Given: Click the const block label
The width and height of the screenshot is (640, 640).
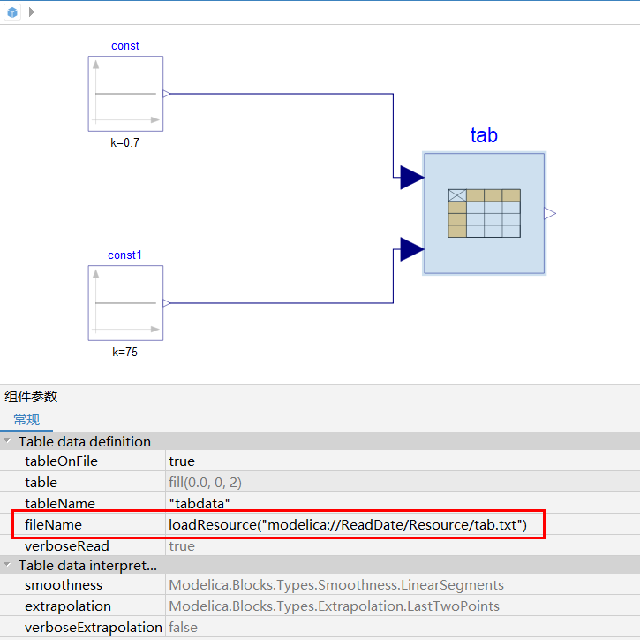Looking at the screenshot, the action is tap(124, 45).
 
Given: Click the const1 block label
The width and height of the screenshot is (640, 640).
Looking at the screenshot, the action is tap(124, 255).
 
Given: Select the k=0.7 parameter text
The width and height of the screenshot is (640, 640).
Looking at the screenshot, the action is tap(124, 142).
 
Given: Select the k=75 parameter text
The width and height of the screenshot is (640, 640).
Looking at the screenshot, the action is tap(124, 352).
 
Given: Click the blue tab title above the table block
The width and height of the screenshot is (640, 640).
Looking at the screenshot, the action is tap(484, 135).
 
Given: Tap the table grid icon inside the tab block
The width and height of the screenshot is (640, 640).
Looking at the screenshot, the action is tap(484, 213).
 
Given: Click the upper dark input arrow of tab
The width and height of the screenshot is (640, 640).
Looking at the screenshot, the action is tap(412, 178).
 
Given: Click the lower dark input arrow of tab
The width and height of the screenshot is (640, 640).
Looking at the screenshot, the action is tap(412, 249).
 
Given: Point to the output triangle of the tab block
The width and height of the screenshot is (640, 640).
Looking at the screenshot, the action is tap(550, 213).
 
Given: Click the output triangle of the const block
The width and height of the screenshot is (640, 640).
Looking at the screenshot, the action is tap(166, 94).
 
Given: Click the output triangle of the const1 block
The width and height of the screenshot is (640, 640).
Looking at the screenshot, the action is tap(166, 303).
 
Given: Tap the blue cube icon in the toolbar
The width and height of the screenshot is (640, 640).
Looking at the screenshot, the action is tap(12, 11).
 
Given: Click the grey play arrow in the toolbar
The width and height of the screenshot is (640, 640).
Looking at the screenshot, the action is tap(32, 11).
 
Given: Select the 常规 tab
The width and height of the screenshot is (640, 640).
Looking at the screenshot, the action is tap(26, 419).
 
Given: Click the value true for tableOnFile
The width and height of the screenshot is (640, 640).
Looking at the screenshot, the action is tap(182, 461).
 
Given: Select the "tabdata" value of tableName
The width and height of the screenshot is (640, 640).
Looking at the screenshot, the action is tap(200, 503).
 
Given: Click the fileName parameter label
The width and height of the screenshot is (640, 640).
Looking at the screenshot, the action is tap(53, 524).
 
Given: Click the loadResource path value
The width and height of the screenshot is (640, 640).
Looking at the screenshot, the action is tap(348, 524).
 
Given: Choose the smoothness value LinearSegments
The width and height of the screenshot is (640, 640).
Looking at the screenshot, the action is tap(336, 585).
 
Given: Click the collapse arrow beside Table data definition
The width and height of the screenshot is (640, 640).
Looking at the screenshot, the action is tap(7, 441).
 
